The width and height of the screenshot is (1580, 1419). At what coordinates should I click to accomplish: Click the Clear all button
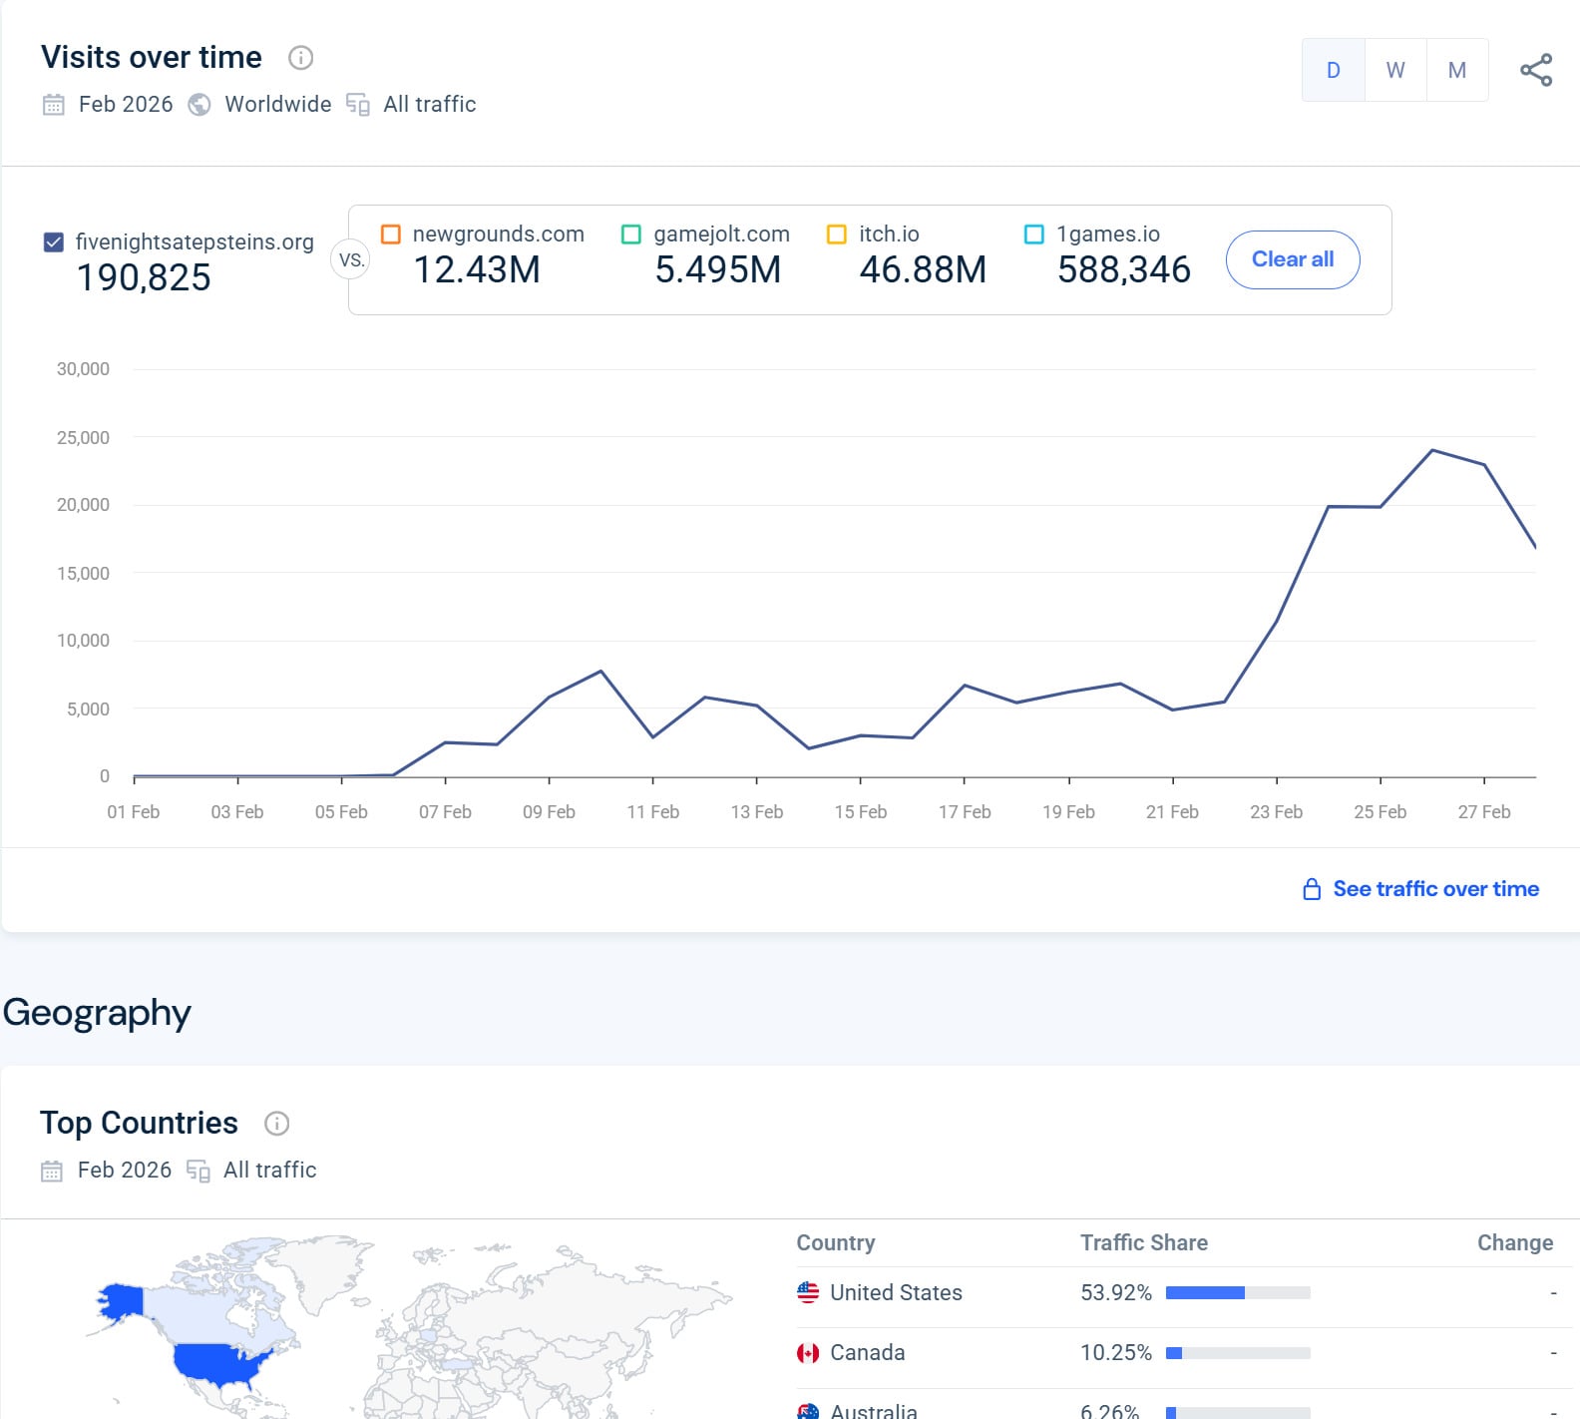tap(1292, 259)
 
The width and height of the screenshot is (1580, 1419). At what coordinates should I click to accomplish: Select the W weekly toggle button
tap(1394, 70)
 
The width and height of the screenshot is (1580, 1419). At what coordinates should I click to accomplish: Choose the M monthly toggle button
tap(1456, 70)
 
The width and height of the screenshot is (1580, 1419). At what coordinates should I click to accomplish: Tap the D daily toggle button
tap(1333, 70)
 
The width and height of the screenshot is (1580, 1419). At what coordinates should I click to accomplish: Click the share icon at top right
tap(1535, 70)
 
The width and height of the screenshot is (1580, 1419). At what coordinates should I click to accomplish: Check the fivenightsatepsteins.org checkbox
tap(54, 241)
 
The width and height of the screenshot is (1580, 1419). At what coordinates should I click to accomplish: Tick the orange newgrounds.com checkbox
tap(391, 234)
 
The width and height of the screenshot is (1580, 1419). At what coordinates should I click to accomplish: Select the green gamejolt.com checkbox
tap(631, 234)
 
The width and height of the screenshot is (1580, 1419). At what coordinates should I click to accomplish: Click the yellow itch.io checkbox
tap(837, 234)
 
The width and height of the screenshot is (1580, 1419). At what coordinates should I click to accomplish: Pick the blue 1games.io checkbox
tap(1034, 234)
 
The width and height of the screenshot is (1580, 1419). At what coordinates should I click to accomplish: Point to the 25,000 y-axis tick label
tap(83, 437)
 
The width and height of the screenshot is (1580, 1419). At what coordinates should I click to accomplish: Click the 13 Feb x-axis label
tap(756, 811)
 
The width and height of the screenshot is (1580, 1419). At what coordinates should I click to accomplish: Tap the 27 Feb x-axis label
tap(1483, 811)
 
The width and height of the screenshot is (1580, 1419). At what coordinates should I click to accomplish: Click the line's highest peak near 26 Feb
tap(1432, 451)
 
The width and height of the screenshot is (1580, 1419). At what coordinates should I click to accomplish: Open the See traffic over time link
tap(1434, 888)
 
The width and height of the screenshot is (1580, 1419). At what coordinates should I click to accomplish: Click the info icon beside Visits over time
tap(300, 58)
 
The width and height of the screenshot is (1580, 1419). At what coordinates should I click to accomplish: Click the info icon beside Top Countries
tap(276, 1124)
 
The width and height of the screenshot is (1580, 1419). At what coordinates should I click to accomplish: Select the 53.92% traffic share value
tap(1115, 1292)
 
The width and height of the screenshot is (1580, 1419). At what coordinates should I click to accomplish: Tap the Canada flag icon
tap(808, 1353)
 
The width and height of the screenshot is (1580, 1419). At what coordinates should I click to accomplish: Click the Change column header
tap(1514, 1242)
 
